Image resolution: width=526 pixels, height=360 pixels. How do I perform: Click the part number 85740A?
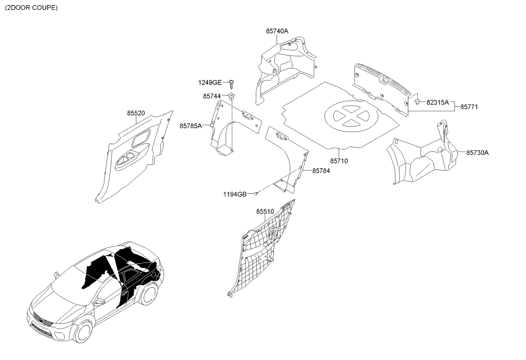(277, 31)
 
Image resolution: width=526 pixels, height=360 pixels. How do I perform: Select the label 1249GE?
(210, 82)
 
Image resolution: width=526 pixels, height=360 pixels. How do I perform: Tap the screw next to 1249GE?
(232, 84)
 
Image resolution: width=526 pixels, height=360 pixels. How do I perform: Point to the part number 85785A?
(191, 126)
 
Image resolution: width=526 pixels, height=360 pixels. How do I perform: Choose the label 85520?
(136, 113)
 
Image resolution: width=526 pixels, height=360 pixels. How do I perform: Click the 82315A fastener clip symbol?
(417, 101)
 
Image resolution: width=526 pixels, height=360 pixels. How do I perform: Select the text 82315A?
(437, 102)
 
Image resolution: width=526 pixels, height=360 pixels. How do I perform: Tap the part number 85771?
(469, 107)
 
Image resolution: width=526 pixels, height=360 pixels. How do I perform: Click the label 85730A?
(477, 153)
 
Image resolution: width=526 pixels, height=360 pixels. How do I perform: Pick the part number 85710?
(339, 161)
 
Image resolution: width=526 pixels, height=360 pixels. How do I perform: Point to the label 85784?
(321, 171)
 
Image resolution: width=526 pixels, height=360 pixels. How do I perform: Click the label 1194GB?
(235, 194)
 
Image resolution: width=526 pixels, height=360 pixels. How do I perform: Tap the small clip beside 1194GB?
(256, 194)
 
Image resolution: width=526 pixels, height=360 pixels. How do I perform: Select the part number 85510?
(265, 211)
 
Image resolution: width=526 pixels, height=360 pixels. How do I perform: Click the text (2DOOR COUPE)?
(31, 8)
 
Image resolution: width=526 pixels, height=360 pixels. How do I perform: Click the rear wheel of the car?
(148, 294)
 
